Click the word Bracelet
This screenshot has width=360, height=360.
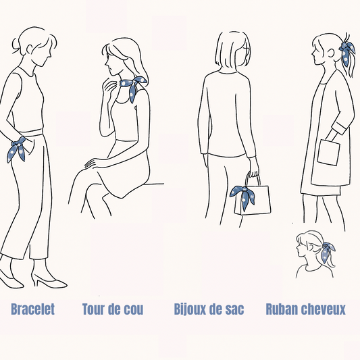pos(33,309)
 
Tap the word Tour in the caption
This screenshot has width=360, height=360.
pos(93,309)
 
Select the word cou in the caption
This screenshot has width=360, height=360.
pos(134,310)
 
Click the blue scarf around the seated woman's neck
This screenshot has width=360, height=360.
pos(133,87)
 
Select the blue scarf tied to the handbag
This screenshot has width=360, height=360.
pos(243,197)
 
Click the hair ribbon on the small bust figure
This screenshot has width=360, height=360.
pos(327,251)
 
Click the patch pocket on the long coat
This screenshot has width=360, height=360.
pos(328,153)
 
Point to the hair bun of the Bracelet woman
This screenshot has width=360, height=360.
pos(16,47)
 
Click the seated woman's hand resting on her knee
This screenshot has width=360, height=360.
pos(94,163)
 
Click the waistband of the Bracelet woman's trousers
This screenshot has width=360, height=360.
pos(31,132)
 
